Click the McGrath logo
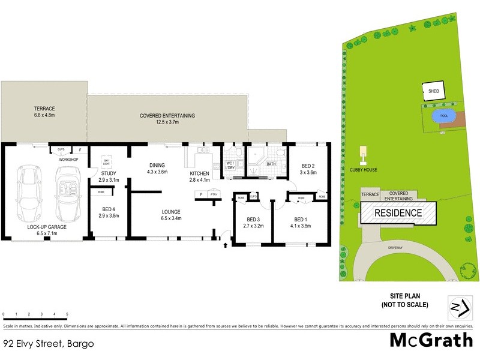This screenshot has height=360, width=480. point(431,340)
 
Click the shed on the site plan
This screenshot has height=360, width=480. point(433,91)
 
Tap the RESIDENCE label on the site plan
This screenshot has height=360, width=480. point(398,213)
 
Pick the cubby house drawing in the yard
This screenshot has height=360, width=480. point(362,155)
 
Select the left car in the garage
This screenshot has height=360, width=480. point(30,193)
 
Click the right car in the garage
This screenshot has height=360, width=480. point(68,193)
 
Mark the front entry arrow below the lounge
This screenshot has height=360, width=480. point(226,244)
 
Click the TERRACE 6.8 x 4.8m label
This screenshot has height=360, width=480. point(44,112)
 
